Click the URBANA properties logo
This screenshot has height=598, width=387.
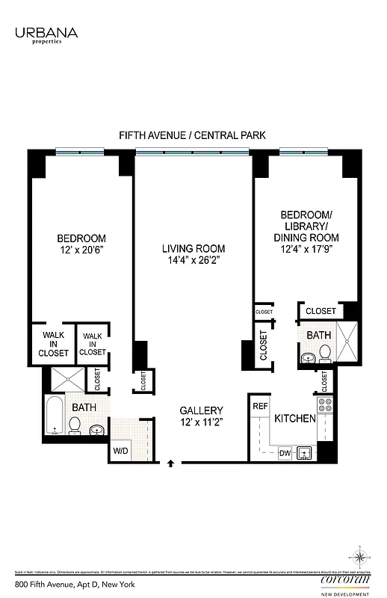46,34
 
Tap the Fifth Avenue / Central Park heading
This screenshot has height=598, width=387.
193,135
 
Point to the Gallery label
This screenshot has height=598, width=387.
202,410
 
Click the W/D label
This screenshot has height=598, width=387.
120,451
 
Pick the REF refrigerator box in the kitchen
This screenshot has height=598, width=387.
260,406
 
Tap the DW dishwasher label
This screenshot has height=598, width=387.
285,452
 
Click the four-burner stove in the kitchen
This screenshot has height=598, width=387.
325,406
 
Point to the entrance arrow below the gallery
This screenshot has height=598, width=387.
171,463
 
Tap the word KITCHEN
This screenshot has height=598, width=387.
294,419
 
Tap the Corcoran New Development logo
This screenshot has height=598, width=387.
345,582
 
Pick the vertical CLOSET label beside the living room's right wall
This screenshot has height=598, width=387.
263,346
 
